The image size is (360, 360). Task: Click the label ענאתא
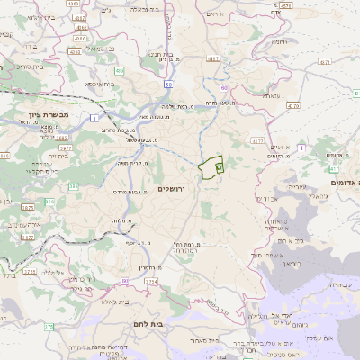269,96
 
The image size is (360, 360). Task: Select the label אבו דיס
269,198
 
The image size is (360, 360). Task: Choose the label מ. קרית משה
130,163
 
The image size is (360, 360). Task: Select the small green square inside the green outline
220,167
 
